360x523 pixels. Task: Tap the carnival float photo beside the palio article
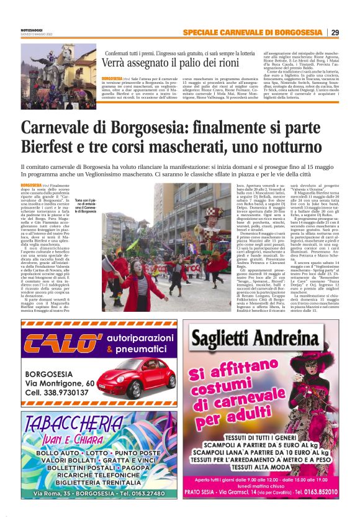click(x=49, y=68)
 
